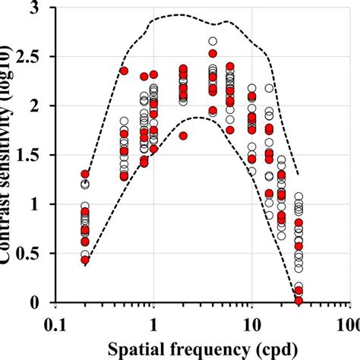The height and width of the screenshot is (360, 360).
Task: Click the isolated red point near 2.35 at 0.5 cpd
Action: click(125, 71)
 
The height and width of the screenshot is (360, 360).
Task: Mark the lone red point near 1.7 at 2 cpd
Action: click(183, 136)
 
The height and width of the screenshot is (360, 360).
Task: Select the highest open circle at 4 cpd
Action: click(213, 42)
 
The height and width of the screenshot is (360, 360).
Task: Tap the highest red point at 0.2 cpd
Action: click(85, 174)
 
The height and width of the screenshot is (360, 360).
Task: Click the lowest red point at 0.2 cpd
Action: click(85, 260)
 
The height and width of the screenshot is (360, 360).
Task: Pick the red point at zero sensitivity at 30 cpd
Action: click(298, 301)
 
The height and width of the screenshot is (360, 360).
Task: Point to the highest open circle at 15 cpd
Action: click(269, 88)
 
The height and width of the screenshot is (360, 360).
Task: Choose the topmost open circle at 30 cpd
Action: click(298, 197)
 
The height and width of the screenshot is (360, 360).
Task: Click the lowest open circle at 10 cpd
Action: click(252, 171)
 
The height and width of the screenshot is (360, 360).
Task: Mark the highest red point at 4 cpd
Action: click(213, 53)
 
